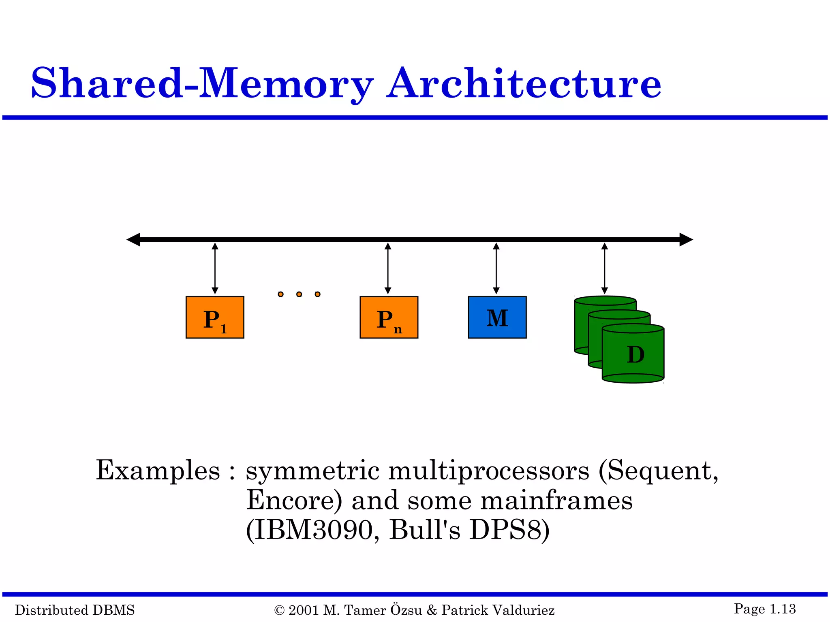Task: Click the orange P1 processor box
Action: click(215, 317)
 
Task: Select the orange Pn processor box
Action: click(389, 317)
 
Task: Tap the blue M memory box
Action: click(497, 317)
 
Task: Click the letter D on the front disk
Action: click(635, 355)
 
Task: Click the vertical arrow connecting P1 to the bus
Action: click(215, 268)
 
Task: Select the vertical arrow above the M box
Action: click(496, 268)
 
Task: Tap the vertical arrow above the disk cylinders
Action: click(604, 268)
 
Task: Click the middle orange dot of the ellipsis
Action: click(299, 294)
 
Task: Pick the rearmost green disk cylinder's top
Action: click(605, 300)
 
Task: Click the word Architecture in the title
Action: click(524, 84)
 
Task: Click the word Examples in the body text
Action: click(158, 471)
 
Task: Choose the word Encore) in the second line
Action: click(294, 501)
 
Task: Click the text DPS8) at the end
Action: click(509, 530)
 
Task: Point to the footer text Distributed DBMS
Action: click(75, 610)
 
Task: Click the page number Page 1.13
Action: click(765, 609)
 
